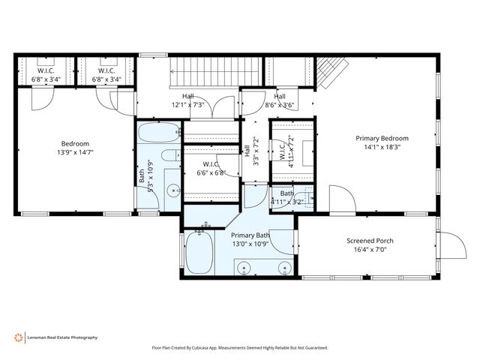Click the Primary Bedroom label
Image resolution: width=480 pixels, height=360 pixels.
tap(382, 138)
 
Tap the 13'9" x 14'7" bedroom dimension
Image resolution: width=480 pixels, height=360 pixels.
tap(75, 152)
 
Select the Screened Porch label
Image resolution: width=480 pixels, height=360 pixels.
tap(370, 241)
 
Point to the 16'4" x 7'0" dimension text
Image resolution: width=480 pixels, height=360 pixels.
tap(370, 250)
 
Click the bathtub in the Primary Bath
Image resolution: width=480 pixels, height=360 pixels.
tap(199, 253)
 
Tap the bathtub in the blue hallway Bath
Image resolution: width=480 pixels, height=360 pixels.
tap(159, 133)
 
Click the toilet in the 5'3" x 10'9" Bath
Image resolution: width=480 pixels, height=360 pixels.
tap(171, 155)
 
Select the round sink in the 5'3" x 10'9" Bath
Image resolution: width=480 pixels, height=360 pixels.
tap(174, 190)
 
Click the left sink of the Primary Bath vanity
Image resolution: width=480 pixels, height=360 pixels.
tap(244, 267)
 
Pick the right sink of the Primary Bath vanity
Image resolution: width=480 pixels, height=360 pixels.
tap(285, 267)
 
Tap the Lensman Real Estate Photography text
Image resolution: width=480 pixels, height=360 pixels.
tap(62, 337)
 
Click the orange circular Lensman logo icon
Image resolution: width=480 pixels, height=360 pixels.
tap(18, 337)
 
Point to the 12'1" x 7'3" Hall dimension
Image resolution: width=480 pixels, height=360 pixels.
tap(188, 105)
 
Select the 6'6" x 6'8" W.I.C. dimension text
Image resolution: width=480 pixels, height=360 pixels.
tap(211, 172)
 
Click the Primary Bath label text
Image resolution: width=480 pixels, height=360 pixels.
tap(250, 235)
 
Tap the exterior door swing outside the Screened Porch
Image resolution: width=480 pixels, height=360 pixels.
tap(453, 245)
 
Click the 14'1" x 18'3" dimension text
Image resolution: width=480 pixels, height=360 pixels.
tap(382, 147)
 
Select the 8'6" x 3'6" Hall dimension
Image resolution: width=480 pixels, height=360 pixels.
tap(280, 105)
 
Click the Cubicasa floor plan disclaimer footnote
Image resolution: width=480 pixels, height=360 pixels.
tap(240, 348)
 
